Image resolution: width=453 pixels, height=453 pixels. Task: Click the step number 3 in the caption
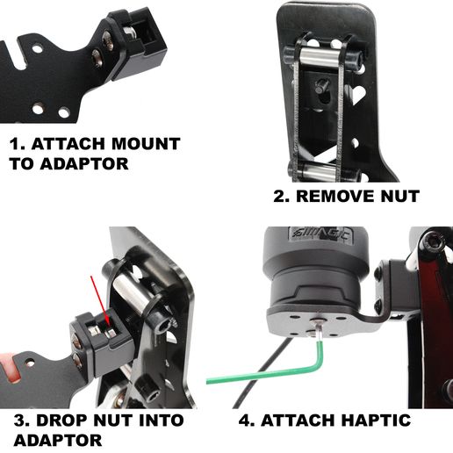click(18, 420)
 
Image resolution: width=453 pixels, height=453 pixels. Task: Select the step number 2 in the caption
click(280, 196)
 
